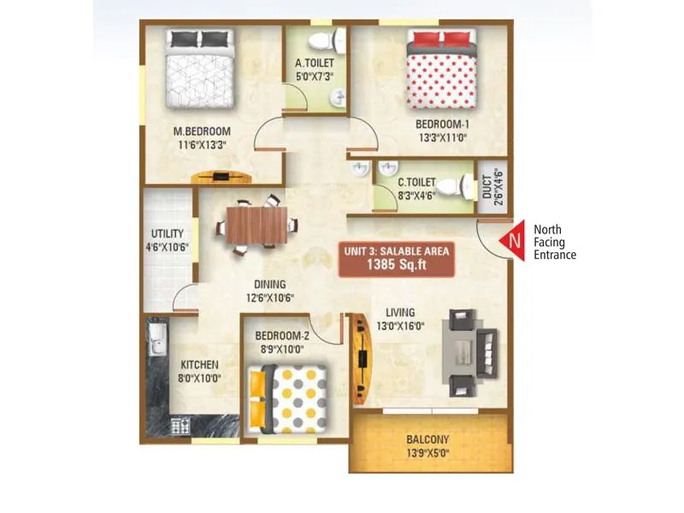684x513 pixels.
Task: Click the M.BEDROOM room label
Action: click(203, 131)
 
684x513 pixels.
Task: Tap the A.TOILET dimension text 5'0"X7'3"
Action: click(314, 75)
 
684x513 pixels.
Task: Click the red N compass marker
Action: click(515, 240)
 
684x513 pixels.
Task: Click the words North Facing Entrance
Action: click(555, 242)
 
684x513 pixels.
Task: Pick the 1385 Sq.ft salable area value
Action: click(395, 265)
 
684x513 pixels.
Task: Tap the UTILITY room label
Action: click(165, 233)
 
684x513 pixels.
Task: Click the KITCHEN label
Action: click(199, 363)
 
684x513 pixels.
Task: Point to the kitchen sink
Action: click(156, 342)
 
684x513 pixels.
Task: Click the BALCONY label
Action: click(428, 439)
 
